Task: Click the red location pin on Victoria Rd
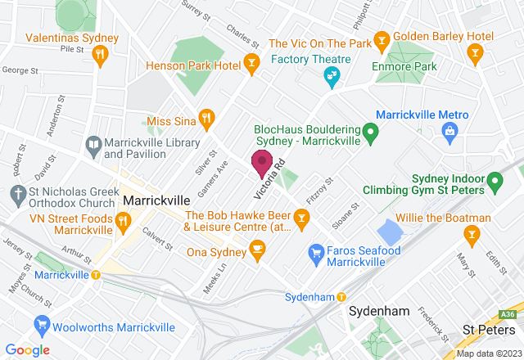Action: pos(262,163)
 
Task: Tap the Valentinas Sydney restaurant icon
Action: pos(100,54)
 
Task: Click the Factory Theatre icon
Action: pos(332,77)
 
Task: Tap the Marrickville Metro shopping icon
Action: pos(449,130)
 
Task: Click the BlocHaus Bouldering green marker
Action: pos(370,130)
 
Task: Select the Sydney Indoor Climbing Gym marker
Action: pos(494,180)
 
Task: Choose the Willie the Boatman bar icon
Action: pos(472,235)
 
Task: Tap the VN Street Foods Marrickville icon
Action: pos(123,218)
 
